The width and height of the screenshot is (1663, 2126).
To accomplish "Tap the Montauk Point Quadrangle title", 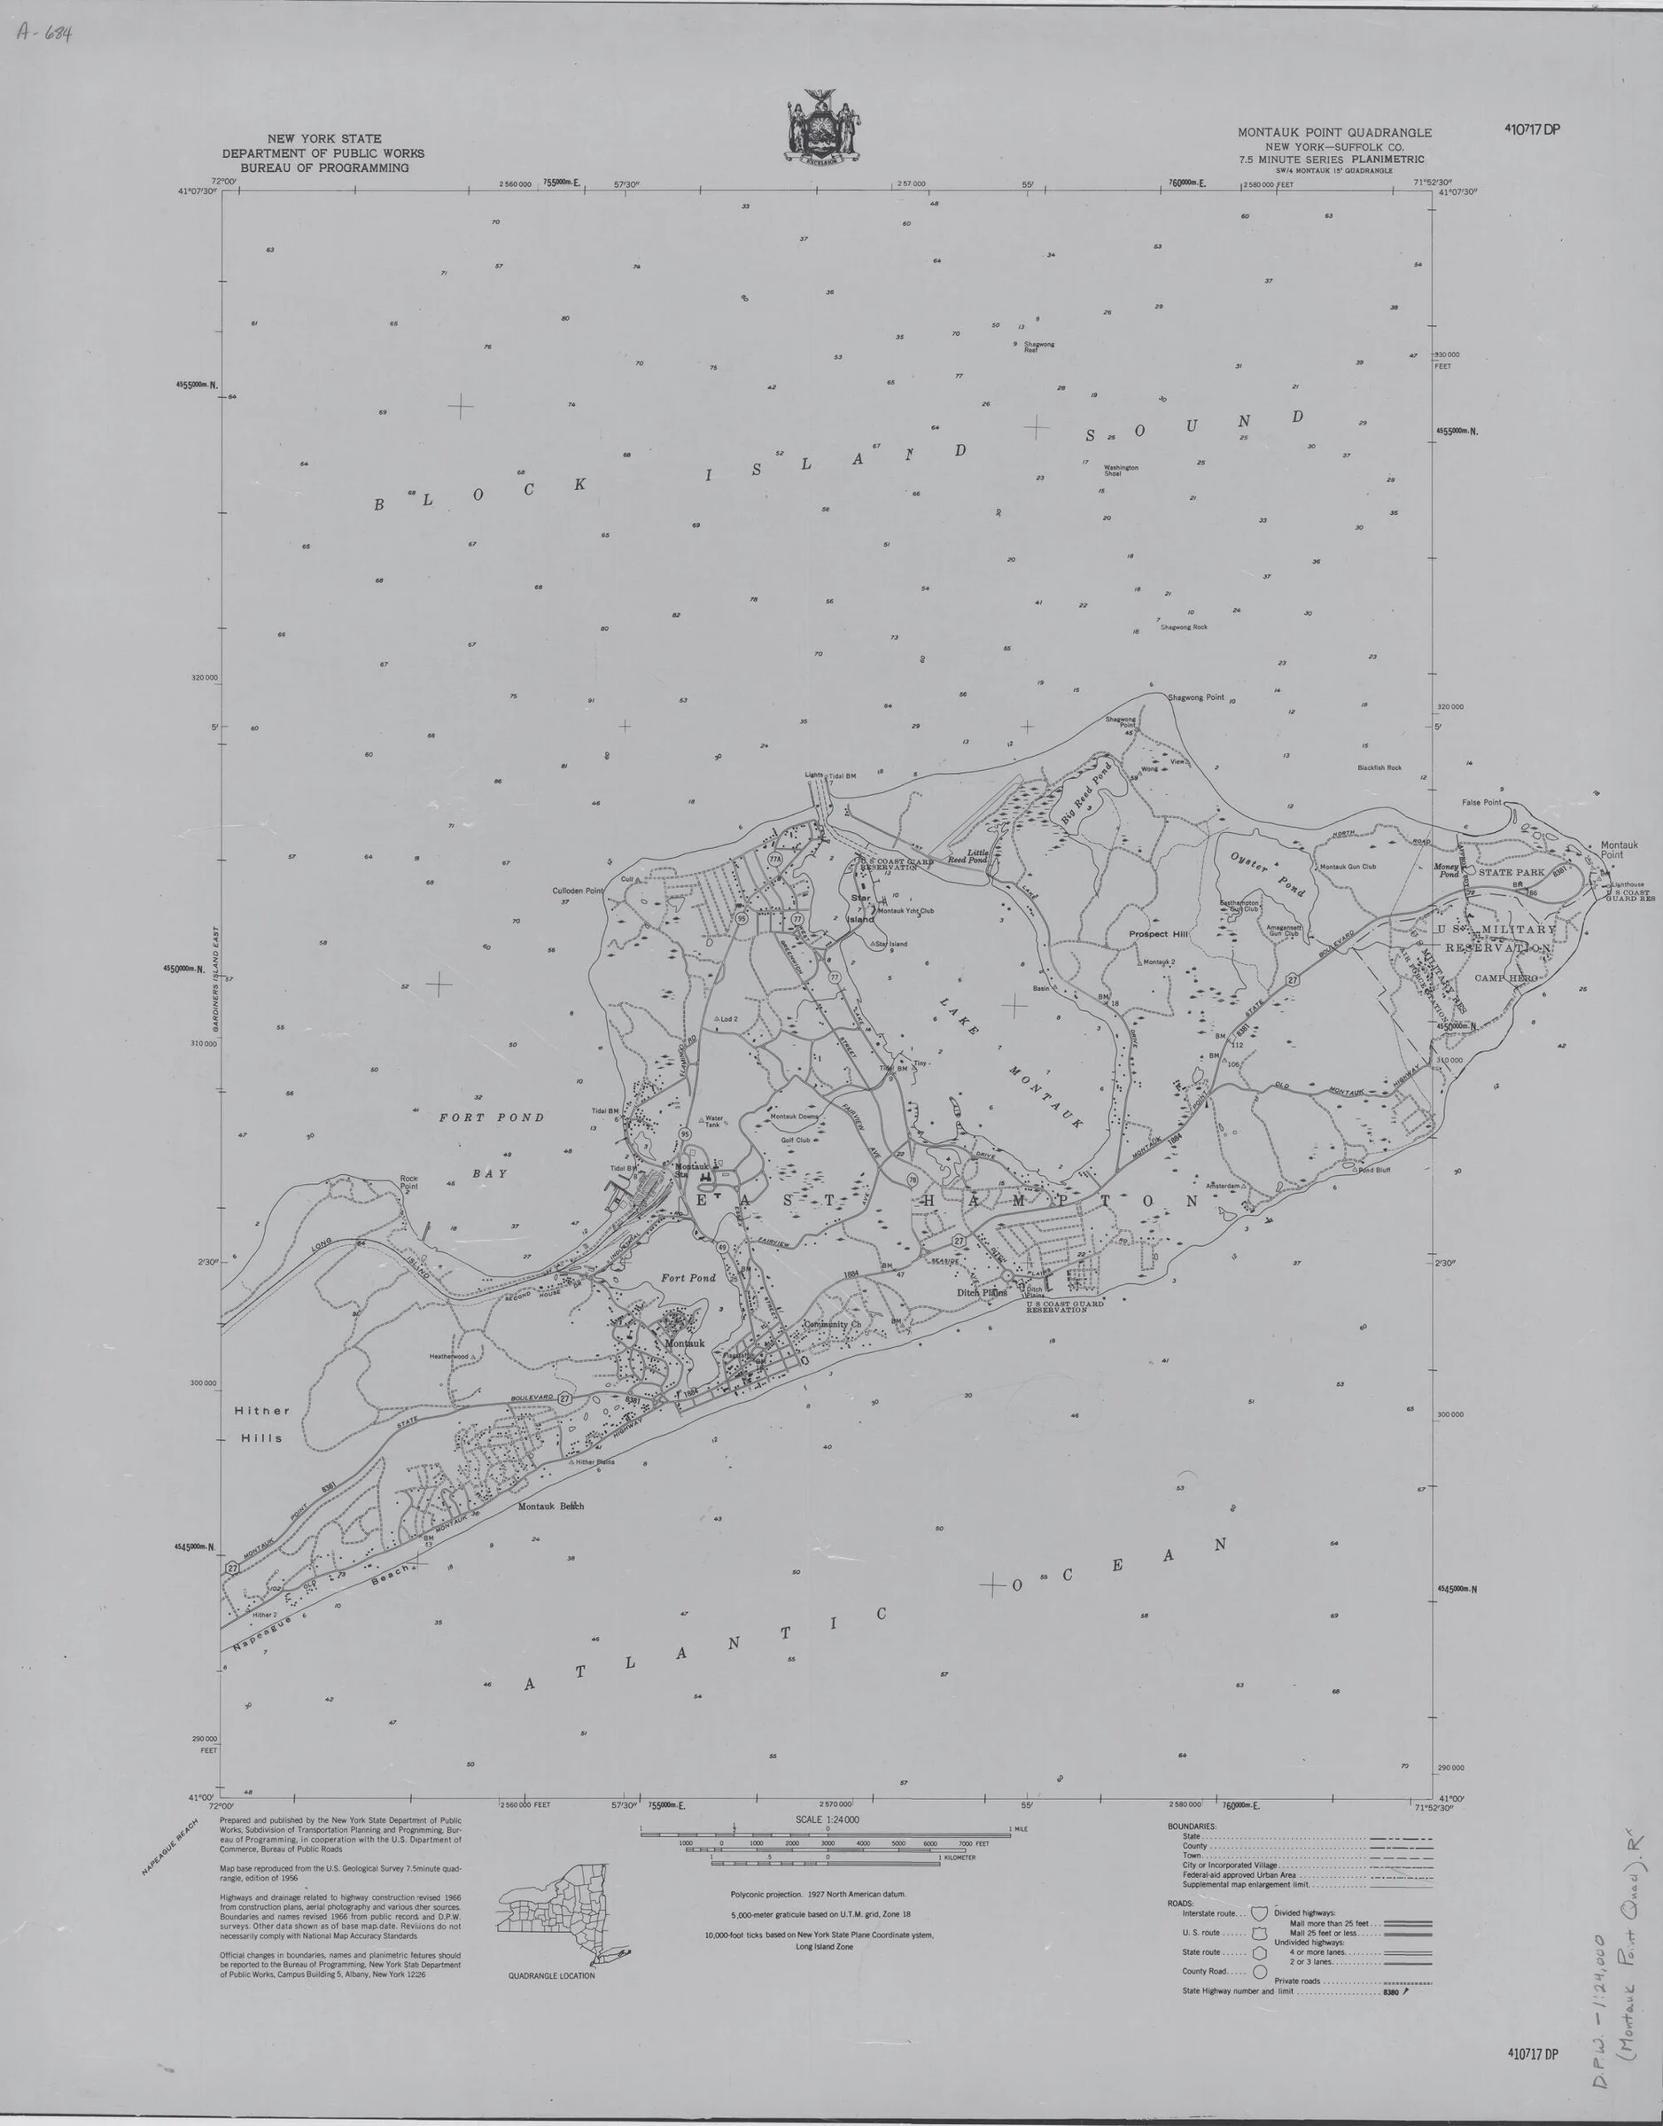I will [x=1334, y=132].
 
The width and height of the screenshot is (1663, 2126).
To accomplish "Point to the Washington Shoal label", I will [x=1121, y=470].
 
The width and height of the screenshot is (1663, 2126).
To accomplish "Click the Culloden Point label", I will [x=579, y=890].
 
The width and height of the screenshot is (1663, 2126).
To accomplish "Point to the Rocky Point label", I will [x=409, y=1183].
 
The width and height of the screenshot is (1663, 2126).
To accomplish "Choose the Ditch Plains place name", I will [x=981, y=1292].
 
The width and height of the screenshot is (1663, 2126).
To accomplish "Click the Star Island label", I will [x=859, y=907].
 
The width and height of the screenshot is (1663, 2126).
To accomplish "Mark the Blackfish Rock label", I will [x=1379, y=767].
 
